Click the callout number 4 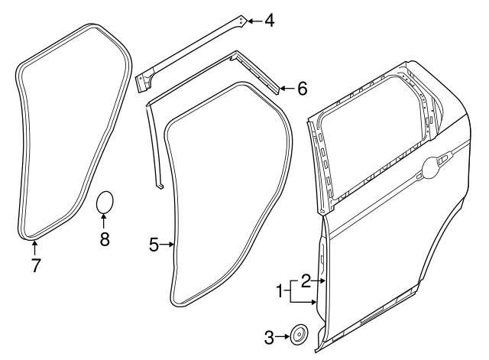tap(270, 21)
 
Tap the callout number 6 tap(303, 89)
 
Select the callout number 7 tap(36, 265)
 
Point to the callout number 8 tap(105, 239)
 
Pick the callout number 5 tap(154, 245)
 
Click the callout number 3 tap(269, 337)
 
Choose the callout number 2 tap(306, 281)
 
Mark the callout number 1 tap(280, 292)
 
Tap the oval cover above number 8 tap(105, 202)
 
